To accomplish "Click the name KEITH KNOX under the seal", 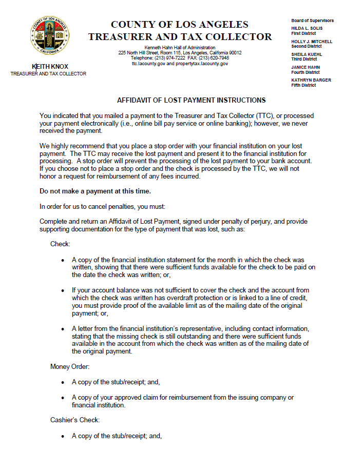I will [x=50, y=67].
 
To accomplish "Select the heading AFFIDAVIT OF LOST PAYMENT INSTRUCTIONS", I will [x=192, y=100].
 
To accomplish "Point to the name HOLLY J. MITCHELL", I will [x=312, y=42].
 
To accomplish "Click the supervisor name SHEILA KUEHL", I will [x=307, y=54].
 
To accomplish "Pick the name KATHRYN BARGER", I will [x=311, y=80].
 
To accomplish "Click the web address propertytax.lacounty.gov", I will [x=202, y=64].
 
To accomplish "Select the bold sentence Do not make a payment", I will [x=95, y=191].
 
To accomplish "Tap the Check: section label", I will [x=60, y=244].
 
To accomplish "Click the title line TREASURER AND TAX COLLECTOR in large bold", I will [x=180, y=37].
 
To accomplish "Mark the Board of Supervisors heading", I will [x=312, y=21].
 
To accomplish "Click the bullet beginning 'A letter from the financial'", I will [x=63, y=329].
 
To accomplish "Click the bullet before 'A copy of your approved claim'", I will [x=63, y=398].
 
